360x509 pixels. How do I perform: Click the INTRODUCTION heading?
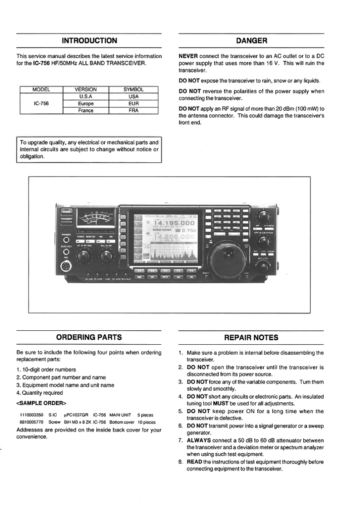[x=89, y=41]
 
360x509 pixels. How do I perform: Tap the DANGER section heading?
[x=252, y=41]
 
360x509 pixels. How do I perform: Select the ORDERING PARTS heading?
[x=89, y=338]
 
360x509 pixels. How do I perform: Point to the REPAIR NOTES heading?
[x=252, y=338]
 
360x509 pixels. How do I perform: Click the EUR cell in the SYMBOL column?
[x=133, y=103]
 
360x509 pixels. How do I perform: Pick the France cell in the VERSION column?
[x=85, y=110]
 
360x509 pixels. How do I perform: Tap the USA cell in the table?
[x=133, y=97]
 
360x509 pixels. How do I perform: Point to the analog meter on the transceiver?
[x=96, y=221]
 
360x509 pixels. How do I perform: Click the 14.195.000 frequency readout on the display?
[x=174, y=223]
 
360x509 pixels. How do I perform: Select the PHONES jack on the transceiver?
[x=66, y=240]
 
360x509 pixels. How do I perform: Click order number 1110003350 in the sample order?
[x=31, y=415]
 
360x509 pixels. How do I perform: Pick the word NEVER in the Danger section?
[x=188, y=56]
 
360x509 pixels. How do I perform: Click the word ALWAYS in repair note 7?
[x=199, y=440]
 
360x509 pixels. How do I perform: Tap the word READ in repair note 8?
[x=194, y=462]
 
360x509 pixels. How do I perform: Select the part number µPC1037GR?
[x=76, y=415]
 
